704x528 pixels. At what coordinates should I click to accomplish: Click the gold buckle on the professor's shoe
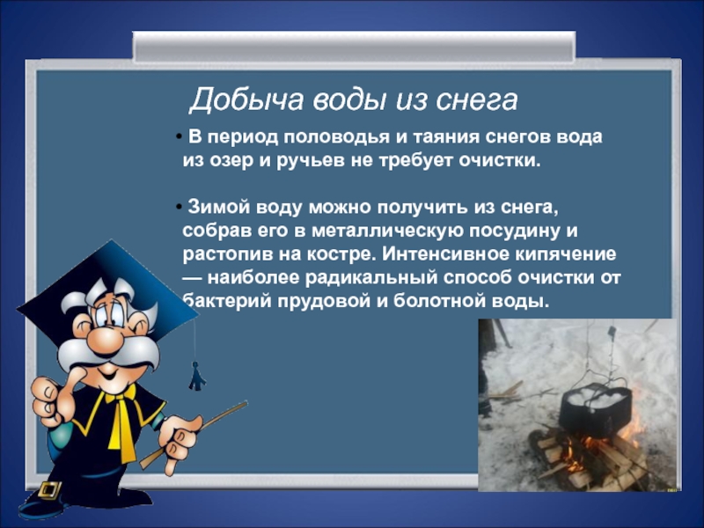tap(50, 489)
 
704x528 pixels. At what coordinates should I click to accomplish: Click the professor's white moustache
tap(107, 353)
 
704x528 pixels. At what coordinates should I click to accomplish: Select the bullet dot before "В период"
tap(179, 136)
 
